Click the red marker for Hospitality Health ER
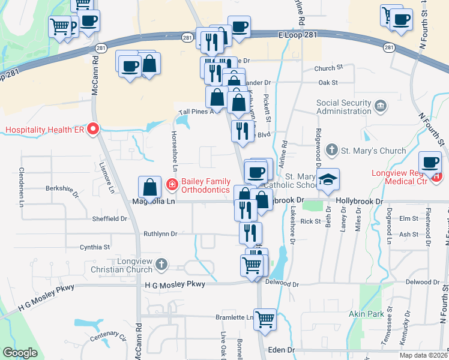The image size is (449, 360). coord(93,129)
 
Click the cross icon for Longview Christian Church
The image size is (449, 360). coord(160,264)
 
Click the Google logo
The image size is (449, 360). coord(20,353)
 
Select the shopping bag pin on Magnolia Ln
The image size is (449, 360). coord(149,188)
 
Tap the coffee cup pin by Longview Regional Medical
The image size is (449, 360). coord(430,162)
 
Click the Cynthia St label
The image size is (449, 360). coord(95,247)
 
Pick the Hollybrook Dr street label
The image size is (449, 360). coord(359,202)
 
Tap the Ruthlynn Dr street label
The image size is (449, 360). coord(160,233)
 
